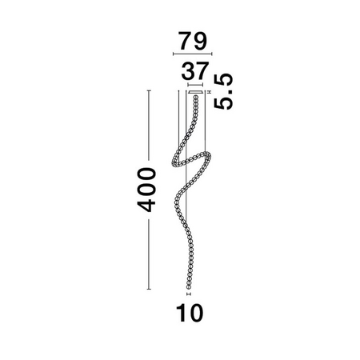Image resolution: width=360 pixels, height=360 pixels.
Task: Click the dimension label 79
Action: (x=193, y=41)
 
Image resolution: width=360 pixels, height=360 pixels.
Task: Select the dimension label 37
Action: (x=194, y=71)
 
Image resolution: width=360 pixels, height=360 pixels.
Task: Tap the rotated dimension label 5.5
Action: (x=223, y=91)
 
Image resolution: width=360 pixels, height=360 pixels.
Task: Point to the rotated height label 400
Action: (x=146, y=190)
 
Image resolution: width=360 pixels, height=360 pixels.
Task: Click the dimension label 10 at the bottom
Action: (x=190, y=313)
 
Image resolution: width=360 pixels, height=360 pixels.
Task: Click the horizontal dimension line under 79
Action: (x=193, y=54)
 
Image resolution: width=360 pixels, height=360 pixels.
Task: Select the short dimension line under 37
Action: (x=195, y=85)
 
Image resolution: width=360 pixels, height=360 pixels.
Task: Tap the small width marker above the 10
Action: (x=189, y=294)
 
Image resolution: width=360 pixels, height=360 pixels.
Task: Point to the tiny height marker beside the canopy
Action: (x=209, y=92)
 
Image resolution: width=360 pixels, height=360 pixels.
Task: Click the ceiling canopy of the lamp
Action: (x=195, y=92)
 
